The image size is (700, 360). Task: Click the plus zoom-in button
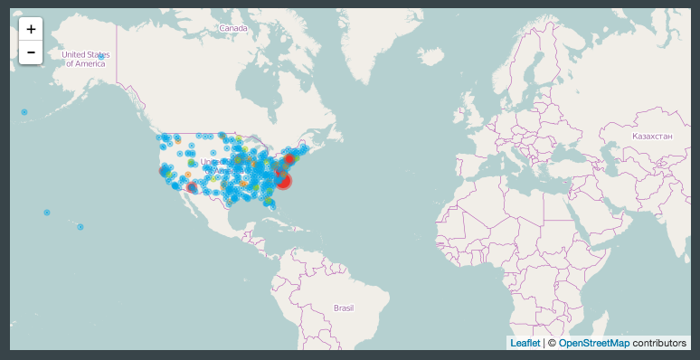click(x=32, y=29)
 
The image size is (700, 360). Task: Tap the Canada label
click(x=233, y=29)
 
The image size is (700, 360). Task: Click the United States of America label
click(x=86, y=60)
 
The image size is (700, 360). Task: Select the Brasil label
click(x=344, y=308)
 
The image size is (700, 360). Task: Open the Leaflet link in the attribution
click(x=525, y=344)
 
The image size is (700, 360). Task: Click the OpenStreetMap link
click(x=593, y=344)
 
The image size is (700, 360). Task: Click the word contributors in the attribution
click(x=660, y=344)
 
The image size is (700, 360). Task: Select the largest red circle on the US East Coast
click(x=283, y=181)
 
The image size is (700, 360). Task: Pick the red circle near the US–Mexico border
click(x=192, y=188)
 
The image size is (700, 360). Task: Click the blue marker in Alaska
click(x=101, y=56)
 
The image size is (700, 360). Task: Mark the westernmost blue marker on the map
click(x=24, y=112)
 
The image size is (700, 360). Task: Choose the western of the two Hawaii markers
click(x=46, y=213)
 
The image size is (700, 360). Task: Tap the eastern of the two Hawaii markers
click(x=80, y=226)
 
